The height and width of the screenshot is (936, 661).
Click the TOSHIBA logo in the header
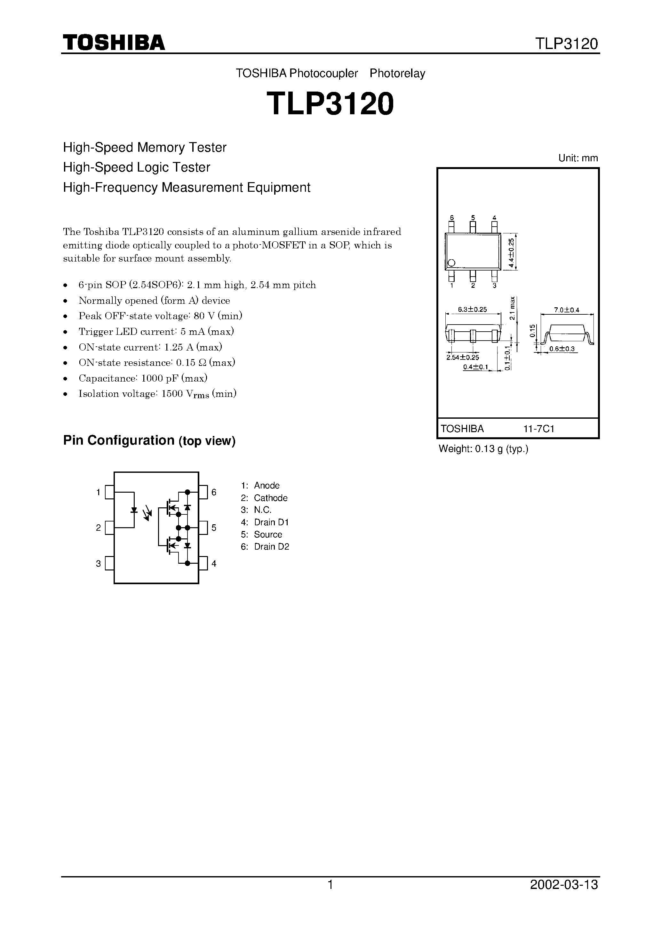[x=113, y=42]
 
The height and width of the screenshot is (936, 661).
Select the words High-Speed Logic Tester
[x=137, y=167]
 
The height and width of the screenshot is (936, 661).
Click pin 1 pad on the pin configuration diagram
[x=109, y=492]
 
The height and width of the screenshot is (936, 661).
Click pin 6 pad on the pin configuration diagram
[x=203, y=492]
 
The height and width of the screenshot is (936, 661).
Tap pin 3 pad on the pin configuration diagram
[x=109, y=563]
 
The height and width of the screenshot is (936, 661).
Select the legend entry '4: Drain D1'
[x=265, y=522]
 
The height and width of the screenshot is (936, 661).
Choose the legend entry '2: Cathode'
[x=264, y=498]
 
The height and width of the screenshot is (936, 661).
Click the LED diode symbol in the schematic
[x=134, y=510]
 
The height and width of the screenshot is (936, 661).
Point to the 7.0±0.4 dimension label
[x=566, y=310]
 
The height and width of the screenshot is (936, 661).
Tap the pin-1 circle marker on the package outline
[x=451, y=263]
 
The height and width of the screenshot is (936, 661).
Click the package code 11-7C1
[x=539, y=429]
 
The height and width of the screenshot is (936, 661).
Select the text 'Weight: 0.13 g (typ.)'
[x=483, y=449]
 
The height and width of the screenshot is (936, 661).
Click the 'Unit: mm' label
[x=578, y=158]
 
